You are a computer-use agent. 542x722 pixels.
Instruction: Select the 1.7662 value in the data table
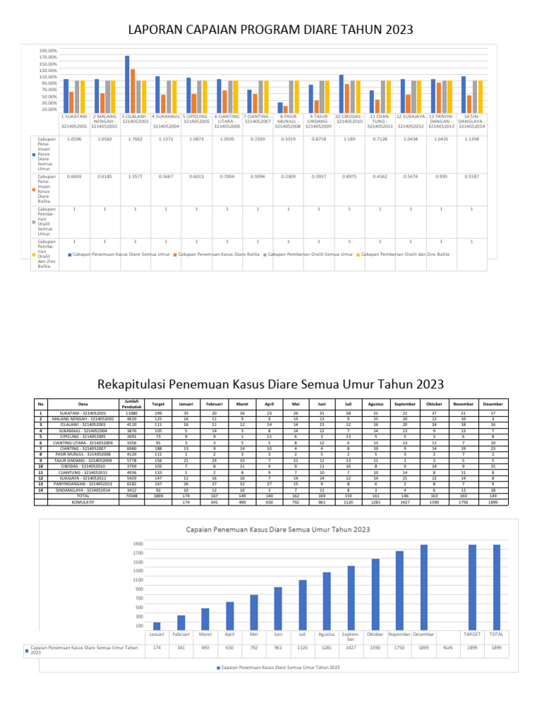(x=134, y=140)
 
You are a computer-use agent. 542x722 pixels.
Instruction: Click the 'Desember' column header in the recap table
(x=493, y=404)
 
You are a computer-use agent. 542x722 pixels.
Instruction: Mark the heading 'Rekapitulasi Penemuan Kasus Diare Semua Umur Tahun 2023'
(x=270, y=384)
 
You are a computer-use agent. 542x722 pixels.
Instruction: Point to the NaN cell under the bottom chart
(x=447, y=647)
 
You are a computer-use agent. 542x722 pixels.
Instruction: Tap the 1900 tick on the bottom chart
(x=138, y=544)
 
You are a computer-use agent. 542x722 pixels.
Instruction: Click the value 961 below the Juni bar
(x=278, y=647)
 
